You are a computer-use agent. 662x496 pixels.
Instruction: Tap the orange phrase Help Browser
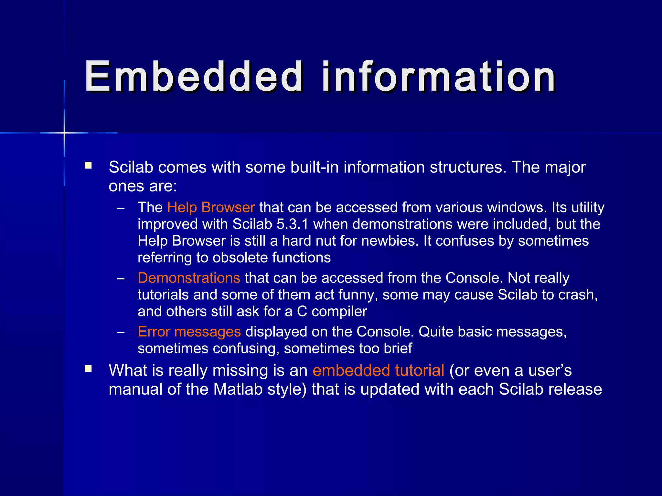pos(211,207)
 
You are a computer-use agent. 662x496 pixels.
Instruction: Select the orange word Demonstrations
pos(189,278)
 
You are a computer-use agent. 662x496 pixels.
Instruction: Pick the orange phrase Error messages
pos(189,332)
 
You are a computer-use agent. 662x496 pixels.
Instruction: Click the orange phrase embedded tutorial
pos(378,370)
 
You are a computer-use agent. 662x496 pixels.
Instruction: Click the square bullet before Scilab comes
pos(88,166)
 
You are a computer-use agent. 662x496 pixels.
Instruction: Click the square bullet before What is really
pos(88,368)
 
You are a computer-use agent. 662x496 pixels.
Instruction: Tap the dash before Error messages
pos(121,332)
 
